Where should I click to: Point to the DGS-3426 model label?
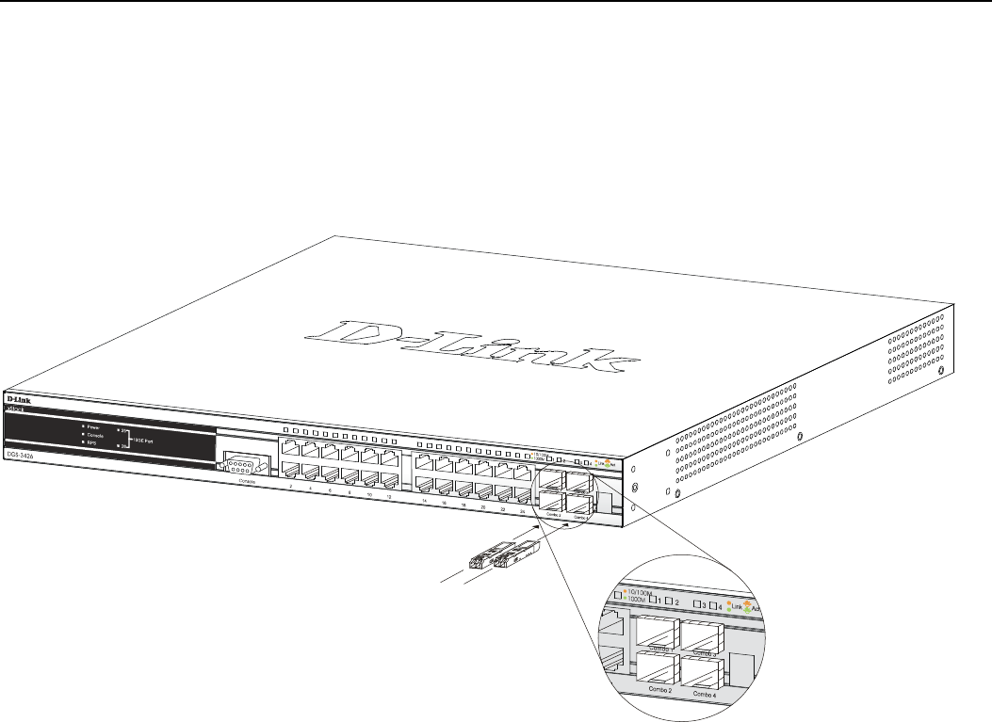(21, 455)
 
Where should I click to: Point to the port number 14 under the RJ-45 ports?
(425, 501)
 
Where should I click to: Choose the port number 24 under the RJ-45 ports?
(522, 509)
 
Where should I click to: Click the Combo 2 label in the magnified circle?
(659, 691)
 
